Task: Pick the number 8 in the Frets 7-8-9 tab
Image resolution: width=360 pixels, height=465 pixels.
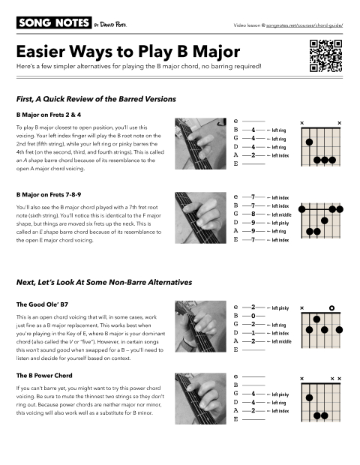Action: coord(254,214)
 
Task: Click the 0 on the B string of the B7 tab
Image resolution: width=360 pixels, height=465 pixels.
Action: coord(254,316)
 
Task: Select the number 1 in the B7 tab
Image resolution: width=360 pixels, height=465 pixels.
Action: coord(254,332)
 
